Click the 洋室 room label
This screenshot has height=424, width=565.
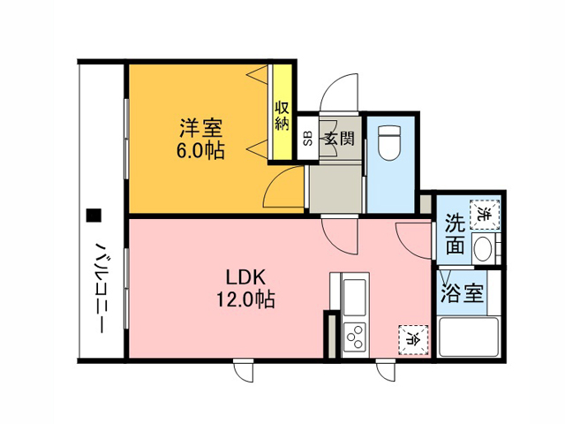201,128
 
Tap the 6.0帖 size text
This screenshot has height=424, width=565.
200,150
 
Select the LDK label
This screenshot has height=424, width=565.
245,277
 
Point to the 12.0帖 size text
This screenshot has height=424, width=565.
245,299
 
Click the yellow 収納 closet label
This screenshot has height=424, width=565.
282,116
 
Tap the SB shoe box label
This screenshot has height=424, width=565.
308,139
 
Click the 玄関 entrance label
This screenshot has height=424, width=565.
339,139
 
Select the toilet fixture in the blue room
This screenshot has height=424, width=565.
390,142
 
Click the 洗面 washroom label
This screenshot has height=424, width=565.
456,234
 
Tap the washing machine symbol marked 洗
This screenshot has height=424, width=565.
485,214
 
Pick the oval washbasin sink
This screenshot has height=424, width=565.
483,249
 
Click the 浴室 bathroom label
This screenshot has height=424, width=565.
462,292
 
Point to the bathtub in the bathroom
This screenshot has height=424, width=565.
469,336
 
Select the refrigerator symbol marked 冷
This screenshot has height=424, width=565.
413,339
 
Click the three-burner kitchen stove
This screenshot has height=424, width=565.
355,337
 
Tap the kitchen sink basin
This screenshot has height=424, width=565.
355,297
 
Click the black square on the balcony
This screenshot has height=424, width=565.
94,216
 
